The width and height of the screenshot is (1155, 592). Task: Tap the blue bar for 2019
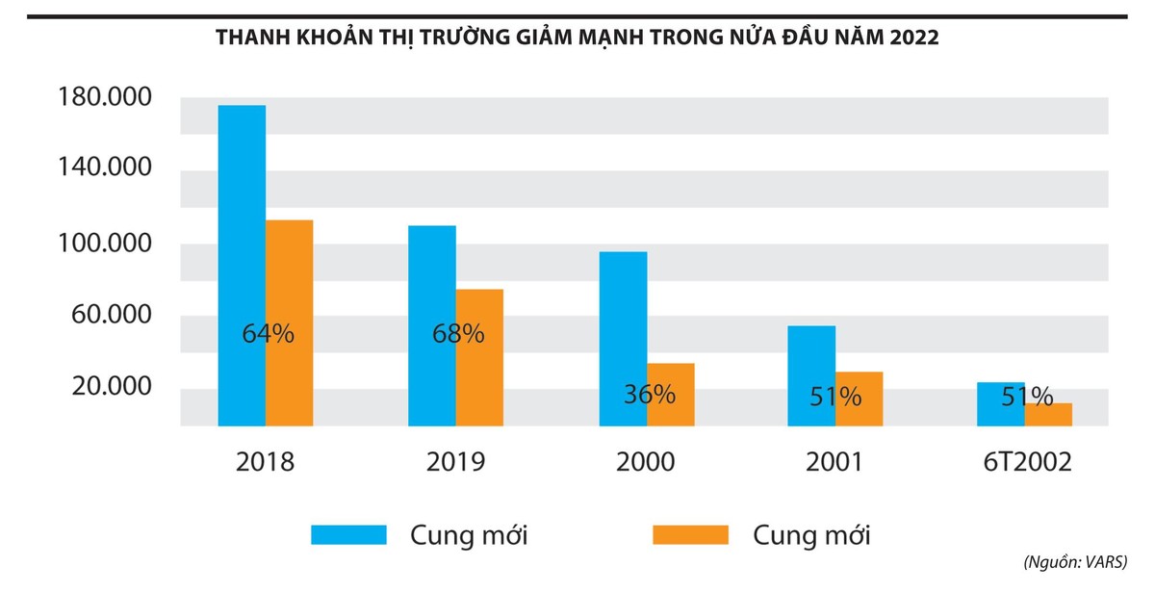(432, 289)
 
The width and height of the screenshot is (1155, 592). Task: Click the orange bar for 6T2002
(1047, 415)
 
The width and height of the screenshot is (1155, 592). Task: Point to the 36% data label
(648, 394)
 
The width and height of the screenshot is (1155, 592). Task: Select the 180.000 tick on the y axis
(106, 98)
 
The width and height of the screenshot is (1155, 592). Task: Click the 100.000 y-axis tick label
(106, 243)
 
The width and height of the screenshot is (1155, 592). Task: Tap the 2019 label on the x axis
(456, 461)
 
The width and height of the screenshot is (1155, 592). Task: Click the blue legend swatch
(348, 535)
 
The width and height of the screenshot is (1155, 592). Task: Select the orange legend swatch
(690, 535)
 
